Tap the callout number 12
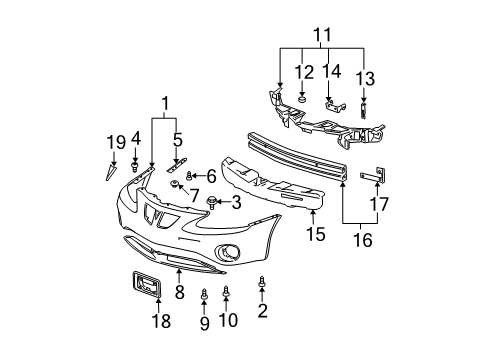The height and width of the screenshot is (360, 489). tap(302, 72)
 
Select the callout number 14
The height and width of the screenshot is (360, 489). tap(333, 72)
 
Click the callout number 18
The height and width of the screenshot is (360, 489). tap(160, 320)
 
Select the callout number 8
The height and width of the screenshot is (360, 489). tap(180, 292)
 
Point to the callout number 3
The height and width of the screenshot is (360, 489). tap(236, 203)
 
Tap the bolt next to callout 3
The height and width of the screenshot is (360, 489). tap(213, 203)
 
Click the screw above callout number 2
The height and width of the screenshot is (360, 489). tap(262, 284)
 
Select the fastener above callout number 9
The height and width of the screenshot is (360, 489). tap(203, 295)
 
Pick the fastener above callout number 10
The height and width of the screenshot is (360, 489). tap(227, 291)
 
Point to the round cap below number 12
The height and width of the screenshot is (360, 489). tap(302, 98)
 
